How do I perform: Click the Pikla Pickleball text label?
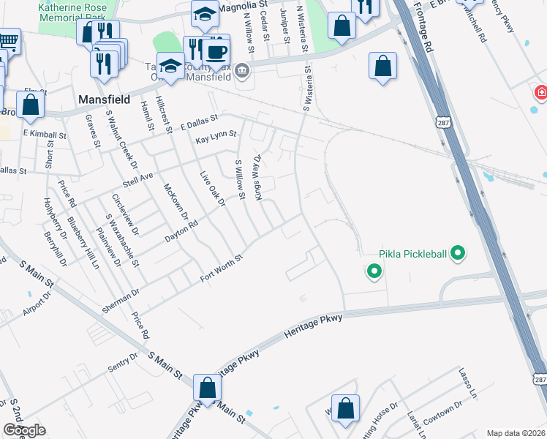412,255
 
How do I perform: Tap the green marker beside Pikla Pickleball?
459,254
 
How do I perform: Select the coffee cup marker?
216,52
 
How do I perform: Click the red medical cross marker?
540,93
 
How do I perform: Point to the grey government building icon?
243,71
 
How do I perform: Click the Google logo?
23,430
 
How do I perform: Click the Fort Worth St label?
222,269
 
